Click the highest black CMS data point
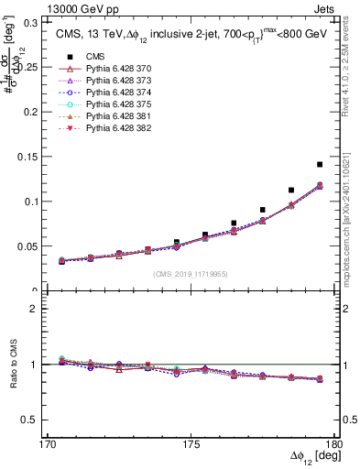coord(320,164)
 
